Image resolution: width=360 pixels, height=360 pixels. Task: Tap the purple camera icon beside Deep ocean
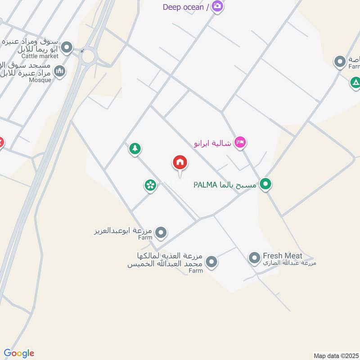(218, 6)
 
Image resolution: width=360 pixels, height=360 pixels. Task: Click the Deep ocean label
(183, 7)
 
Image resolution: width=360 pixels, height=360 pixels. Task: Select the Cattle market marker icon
(67, 47)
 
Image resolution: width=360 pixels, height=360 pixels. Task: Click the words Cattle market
(42, 56)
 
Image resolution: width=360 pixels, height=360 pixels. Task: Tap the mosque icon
(59, 71)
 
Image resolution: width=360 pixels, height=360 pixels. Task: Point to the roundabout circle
(88, 56)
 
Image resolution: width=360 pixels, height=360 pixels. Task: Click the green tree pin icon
(135, 148)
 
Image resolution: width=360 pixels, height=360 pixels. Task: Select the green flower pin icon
(150, 184)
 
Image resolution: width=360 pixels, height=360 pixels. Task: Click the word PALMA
(206, 185)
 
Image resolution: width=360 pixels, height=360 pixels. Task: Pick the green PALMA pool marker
(266, 184)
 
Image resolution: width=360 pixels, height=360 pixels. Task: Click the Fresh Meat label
(283, 256)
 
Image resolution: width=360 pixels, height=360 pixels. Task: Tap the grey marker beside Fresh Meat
(255, 258)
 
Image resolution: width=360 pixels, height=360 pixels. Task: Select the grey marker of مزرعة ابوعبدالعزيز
(161, 233)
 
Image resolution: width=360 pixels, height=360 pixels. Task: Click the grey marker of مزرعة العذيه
(211, 261)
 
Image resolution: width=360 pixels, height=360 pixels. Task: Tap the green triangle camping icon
(355, 82)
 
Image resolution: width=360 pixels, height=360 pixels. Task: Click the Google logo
(19, 353)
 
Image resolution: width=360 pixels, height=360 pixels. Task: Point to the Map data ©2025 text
(335, 355)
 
